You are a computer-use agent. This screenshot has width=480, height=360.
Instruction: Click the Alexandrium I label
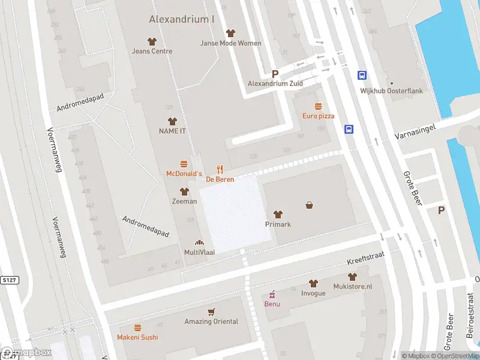pyautogui.click(x=182, y=19)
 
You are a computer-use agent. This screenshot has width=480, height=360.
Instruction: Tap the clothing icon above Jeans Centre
pyautogui.click(x=152, y=41)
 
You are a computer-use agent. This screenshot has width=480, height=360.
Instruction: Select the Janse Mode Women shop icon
pyautogui.click(x=230, y=33)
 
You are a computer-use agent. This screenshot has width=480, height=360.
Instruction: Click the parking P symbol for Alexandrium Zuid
pyautogui.click(x=275, y=74)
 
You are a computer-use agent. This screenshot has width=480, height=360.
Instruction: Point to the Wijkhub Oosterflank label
pyautogui.click(x=391, y=91)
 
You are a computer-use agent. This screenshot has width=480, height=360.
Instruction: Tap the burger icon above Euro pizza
pyautogui.click(x=318, y=106)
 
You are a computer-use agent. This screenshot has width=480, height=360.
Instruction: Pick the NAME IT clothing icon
pyautogui.click(x=172, y=121)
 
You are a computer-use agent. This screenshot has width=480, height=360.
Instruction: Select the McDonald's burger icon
pyautogui.click(x=184, y=164)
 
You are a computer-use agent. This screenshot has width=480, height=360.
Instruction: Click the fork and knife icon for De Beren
pyautogui.click(x=220, y=169)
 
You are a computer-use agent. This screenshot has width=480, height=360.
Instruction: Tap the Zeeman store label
pyautogui.click(x=184, y=201)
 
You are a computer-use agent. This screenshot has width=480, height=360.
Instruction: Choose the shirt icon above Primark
pyautogui.click(x=278, y=214)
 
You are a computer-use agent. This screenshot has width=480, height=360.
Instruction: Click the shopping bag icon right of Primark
pyautogui.click(x=310, y=205)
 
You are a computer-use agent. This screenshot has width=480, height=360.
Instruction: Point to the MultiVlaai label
pyautogui.click(x=199, y=253)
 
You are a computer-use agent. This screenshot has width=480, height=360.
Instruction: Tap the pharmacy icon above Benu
pyautogui.click(x=272, y=294)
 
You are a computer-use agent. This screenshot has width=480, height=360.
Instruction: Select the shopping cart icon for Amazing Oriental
pyautogui.click(x=211, y=311)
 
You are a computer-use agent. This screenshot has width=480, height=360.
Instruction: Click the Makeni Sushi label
pyautogui.click(x=137, y=337)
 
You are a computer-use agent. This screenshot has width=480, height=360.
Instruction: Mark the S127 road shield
pyautogui.click(x=9, y=280)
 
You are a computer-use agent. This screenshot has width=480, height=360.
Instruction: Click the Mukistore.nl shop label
pyautogui.click(x=352, y=286)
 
